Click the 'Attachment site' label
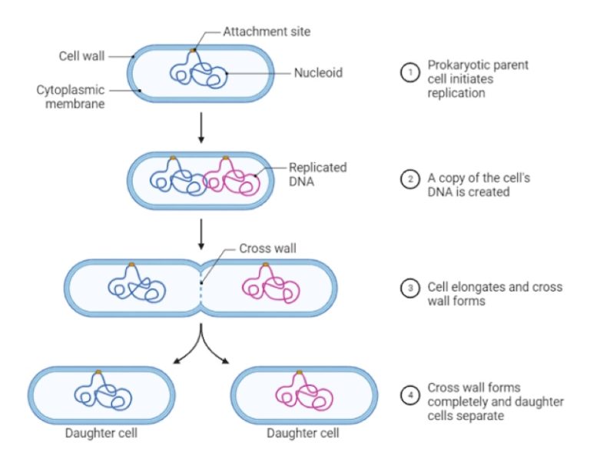pos(266,32)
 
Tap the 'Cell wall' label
pos(81,56)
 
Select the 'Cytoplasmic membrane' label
pos(71,97)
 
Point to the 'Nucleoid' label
pos(317,74)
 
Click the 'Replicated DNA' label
pos(317,173)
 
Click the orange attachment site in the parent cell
pos(193,52)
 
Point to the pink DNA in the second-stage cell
pos(230,179)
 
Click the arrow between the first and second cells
pos(201,128)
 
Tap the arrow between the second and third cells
pos(201,234)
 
